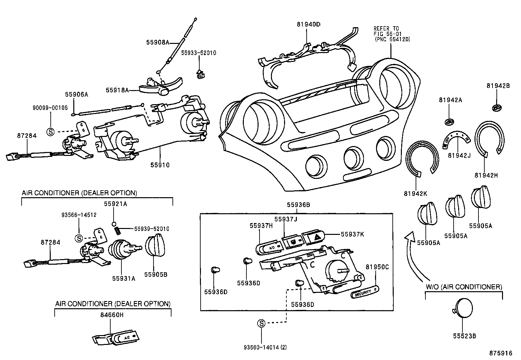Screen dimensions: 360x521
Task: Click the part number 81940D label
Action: click(x=309, y=24)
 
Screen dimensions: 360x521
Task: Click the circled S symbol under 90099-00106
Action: click(x=50, y=132)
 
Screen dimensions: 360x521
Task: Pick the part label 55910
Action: click(x=160, y=165)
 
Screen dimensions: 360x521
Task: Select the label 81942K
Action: click(x=415, y=193)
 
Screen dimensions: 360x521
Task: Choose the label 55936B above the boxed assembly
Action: click(x=298, y=205)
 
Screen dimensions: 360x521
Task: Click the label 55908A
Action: click(x=157, y=42)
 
